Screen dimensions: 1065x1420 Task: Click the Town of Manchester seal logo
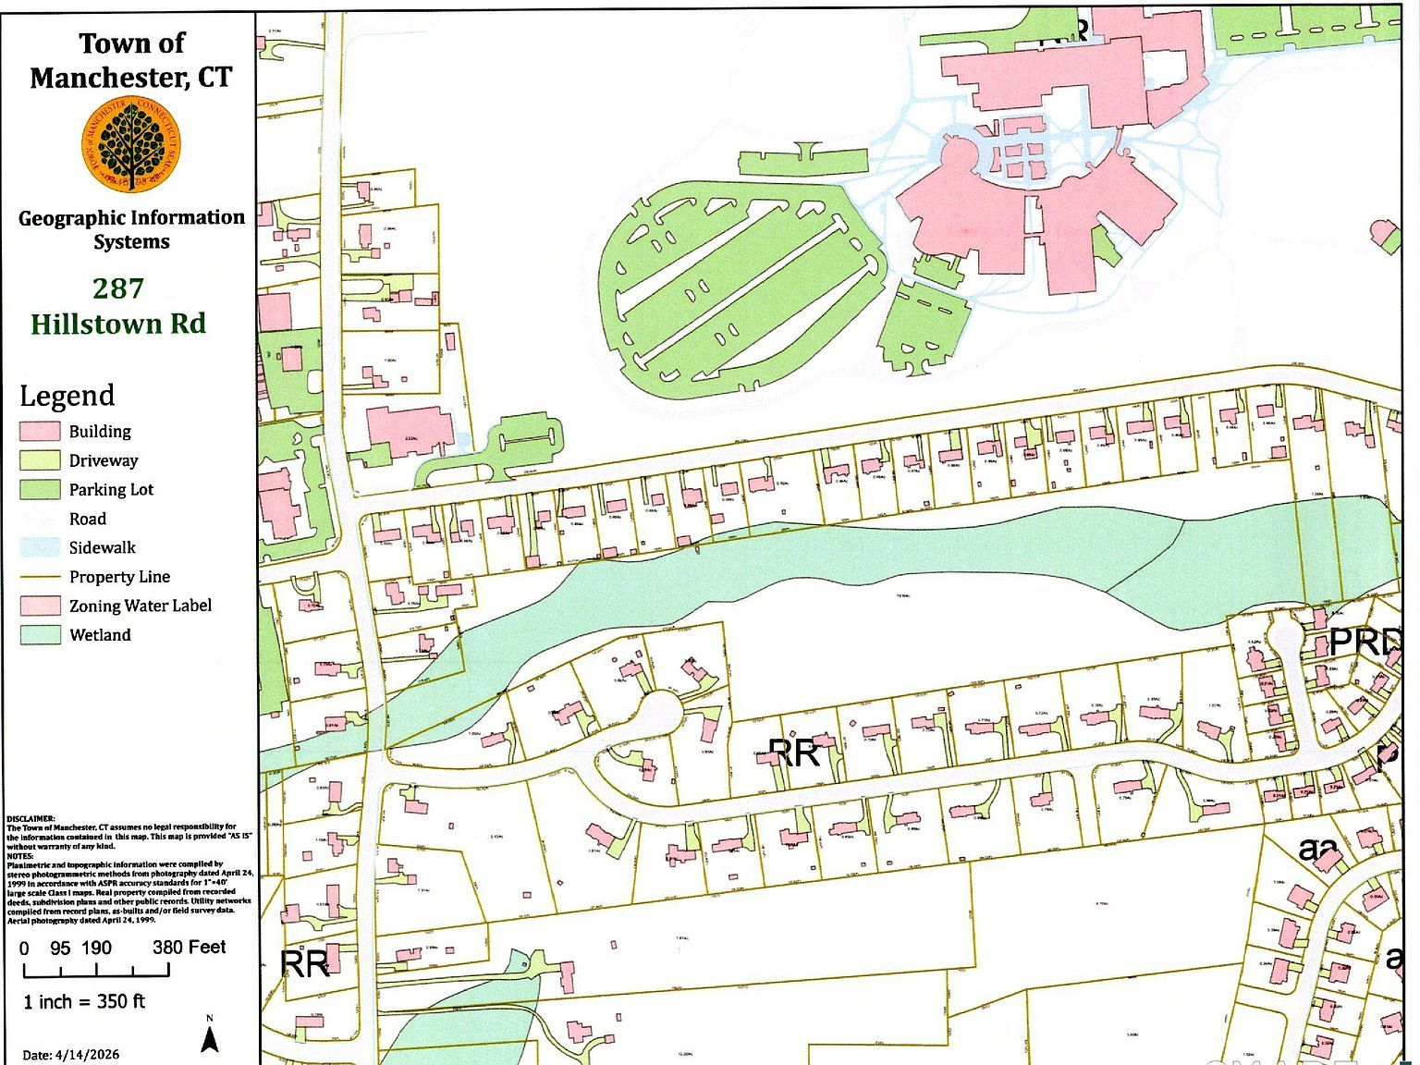[x=130, y=146]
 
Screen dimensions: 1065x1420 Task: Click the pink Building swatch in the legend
[x=40, y=432]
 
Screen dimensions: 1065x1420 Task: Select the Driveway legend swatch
[x=40, y=460]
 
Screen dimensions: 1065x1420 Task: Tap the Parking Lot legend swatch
[x=40, y=489]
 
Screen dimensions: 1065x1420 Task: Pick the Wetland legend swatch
[x=40, y=635]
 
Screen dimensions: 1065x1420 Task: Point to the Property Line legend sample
[x=40, y=577]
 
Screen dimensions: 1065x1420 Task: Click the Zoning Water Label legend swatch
[x=40, y=606]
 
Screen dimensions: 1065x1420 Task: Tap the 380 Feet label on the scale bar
[x=189, y=948]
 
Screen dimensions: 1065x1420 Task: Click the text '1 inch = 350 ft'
[x=84, y=1002]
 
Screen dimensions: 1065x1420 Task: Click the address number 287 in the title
[x=118, y=288]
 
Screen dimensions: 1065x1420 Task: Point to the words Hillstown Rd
[x=118, y=324]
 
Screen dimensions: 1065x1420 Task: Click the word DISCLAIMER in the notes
[x=31, y=819]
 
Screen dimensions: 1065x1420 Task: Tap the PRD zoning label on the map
[x=1364, y=642]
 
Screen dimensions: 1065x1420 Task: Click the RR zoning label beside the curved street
[x=793, y=753]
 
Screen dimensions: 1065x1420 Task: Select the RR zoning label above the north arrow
[x=304, y=963]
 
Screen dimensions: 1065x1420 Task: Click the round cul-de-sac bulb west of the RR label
[x=659, y=710]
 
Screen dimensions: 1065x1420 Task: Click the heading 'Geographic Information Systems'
[x=131, y=229]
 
